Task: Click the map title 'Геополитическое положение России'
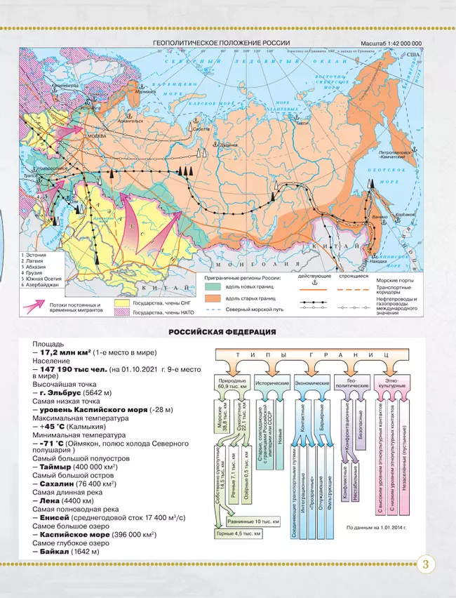pyautogui.click(x=222, y=44)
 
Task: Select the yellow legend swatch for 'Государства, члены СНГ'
pyautogui.click(x=122, y=304)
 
